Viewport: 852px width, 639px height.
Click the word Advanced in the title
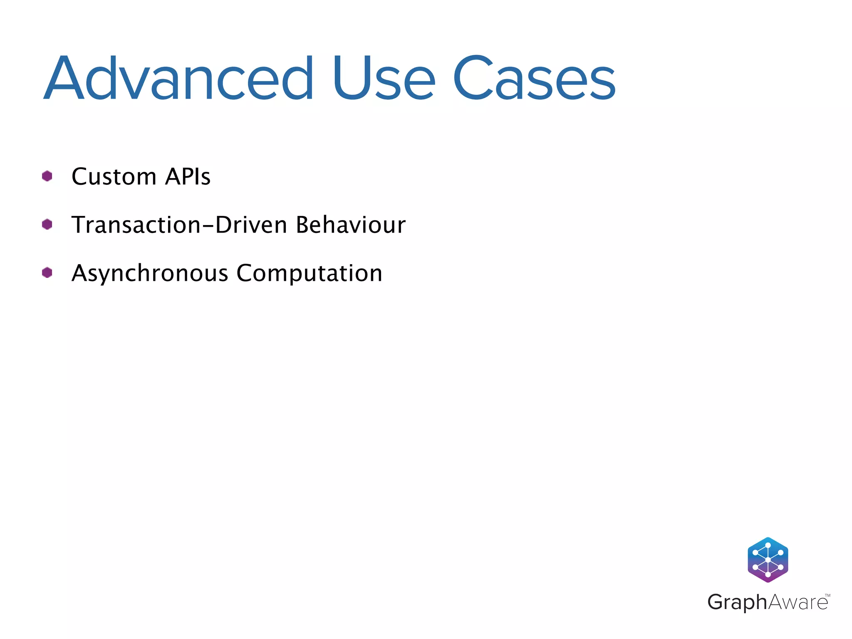click(x=179, y=79)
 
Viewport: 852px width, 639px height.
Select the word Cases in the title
click(x=534, y=79)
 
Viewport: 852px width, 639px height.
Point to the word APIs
click(x=188, y=177)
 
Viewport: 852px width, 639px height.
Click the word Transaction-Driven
click(x=179, y=225)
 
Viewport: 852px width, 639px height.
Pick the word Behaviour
click(x=350, y=225)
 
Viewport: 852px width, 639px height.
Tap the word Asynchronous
click(x=150, y=274)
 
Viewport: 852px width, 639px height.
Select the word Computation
click(x=309, y=273)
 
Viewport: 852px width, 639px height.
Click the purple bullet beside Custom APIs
click(x=47, y=176)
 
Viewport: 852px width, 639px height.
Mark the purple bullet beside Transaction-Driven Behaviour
click(x=47, y=225)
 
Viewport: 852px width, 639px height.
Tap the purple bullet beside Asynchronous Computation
click(x=47, y=273)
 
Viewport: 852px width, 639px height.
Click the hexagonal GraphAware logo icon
click(x=768, y=560)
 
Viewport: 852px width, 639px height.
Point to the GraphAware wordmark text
click(x=768, y=602)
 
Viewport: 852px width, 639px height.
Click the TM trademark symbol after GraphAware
click(x=827, y=596)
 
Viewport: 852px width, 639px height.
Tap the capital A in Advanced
click(x=64, y=79)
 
